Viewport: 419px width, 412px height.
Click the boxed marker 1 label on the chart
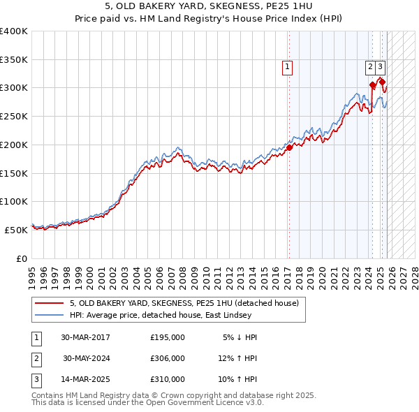click(x=287, y=67)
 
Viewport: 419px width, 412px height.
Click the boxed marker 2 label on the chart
click(x=369, y=67)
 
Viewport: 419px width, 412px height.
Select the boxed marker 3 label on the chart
click(x=380, y=67)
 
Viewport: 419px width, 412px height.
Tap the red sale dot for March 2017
click(x=289, y=147)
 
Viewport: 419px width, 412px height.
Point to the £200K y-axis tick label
click(x=13, y=145)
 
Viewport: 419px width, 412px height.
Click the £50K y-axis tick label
click(x=16, y=229)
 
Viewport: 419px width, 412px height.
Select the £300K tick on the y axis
click(x=13, y=88)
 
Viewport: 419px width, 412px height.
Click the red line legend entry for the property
click(x=184, y=303)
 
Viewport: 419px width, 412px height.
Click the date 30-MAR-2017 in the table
click(x=85, y=337)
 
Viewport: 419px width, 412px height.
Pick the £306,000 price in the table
click(x=168, y=358)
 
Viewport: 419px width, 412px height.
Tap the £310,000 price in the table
click(x=168, y=379)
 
